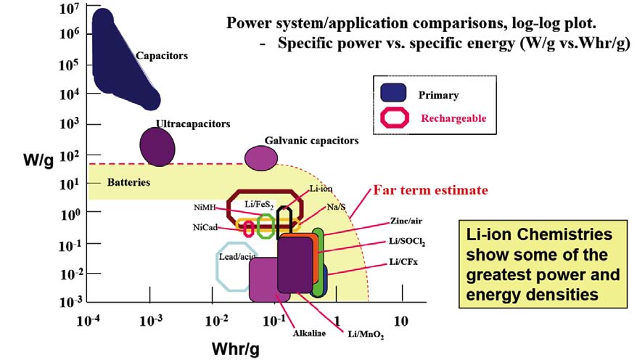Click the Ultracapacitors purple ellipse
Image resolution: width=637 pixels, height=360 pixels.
tap(157, 147)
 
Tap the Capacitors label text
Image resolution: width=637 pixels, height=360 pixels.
tap(162, 56)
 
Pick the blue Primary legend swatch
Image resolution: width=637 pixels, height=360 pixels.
tap(393, 93)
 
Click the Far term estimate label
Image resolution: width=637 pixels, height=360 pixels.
tap(430, 191)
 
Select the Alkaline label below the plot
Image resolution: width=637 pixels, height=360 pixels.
tap(308, 333)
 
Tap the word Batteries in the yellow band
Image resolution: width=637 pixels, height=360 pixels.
tap(129, 182)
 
